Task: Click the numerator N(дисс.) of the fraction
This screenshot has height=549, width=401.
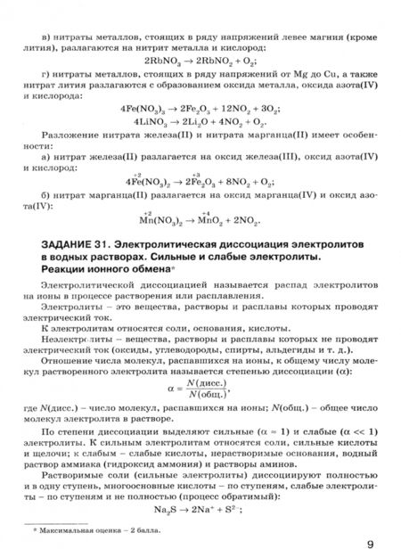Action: [205, 384]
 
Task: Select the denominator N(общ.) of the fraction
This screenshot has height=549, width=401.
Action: [205, 397]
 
